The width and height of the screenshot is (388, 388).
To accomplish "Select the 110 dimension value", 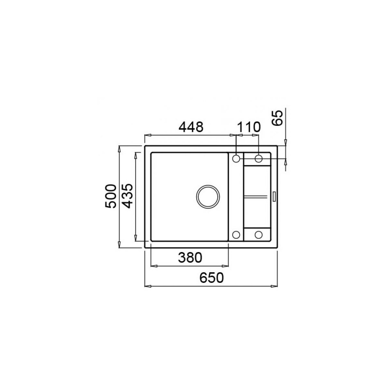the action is click(249, 127).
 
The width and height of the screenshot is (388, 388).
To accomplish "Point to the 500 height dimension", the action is click(111, 196).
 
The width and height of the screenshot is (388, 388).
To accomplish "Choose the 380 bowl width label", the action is click(190, 258).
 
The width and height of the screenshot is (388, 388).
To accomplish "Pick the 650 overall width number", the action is click(211, 278).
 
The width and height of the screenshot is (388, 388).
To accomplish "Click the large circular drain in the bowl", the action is click(208, 197).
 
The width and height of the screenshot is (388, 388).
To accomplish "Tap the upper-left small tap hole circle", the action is click(236, 159).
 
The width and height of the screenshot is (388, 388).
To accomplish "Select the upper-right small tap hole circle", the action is click(259, 159).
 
